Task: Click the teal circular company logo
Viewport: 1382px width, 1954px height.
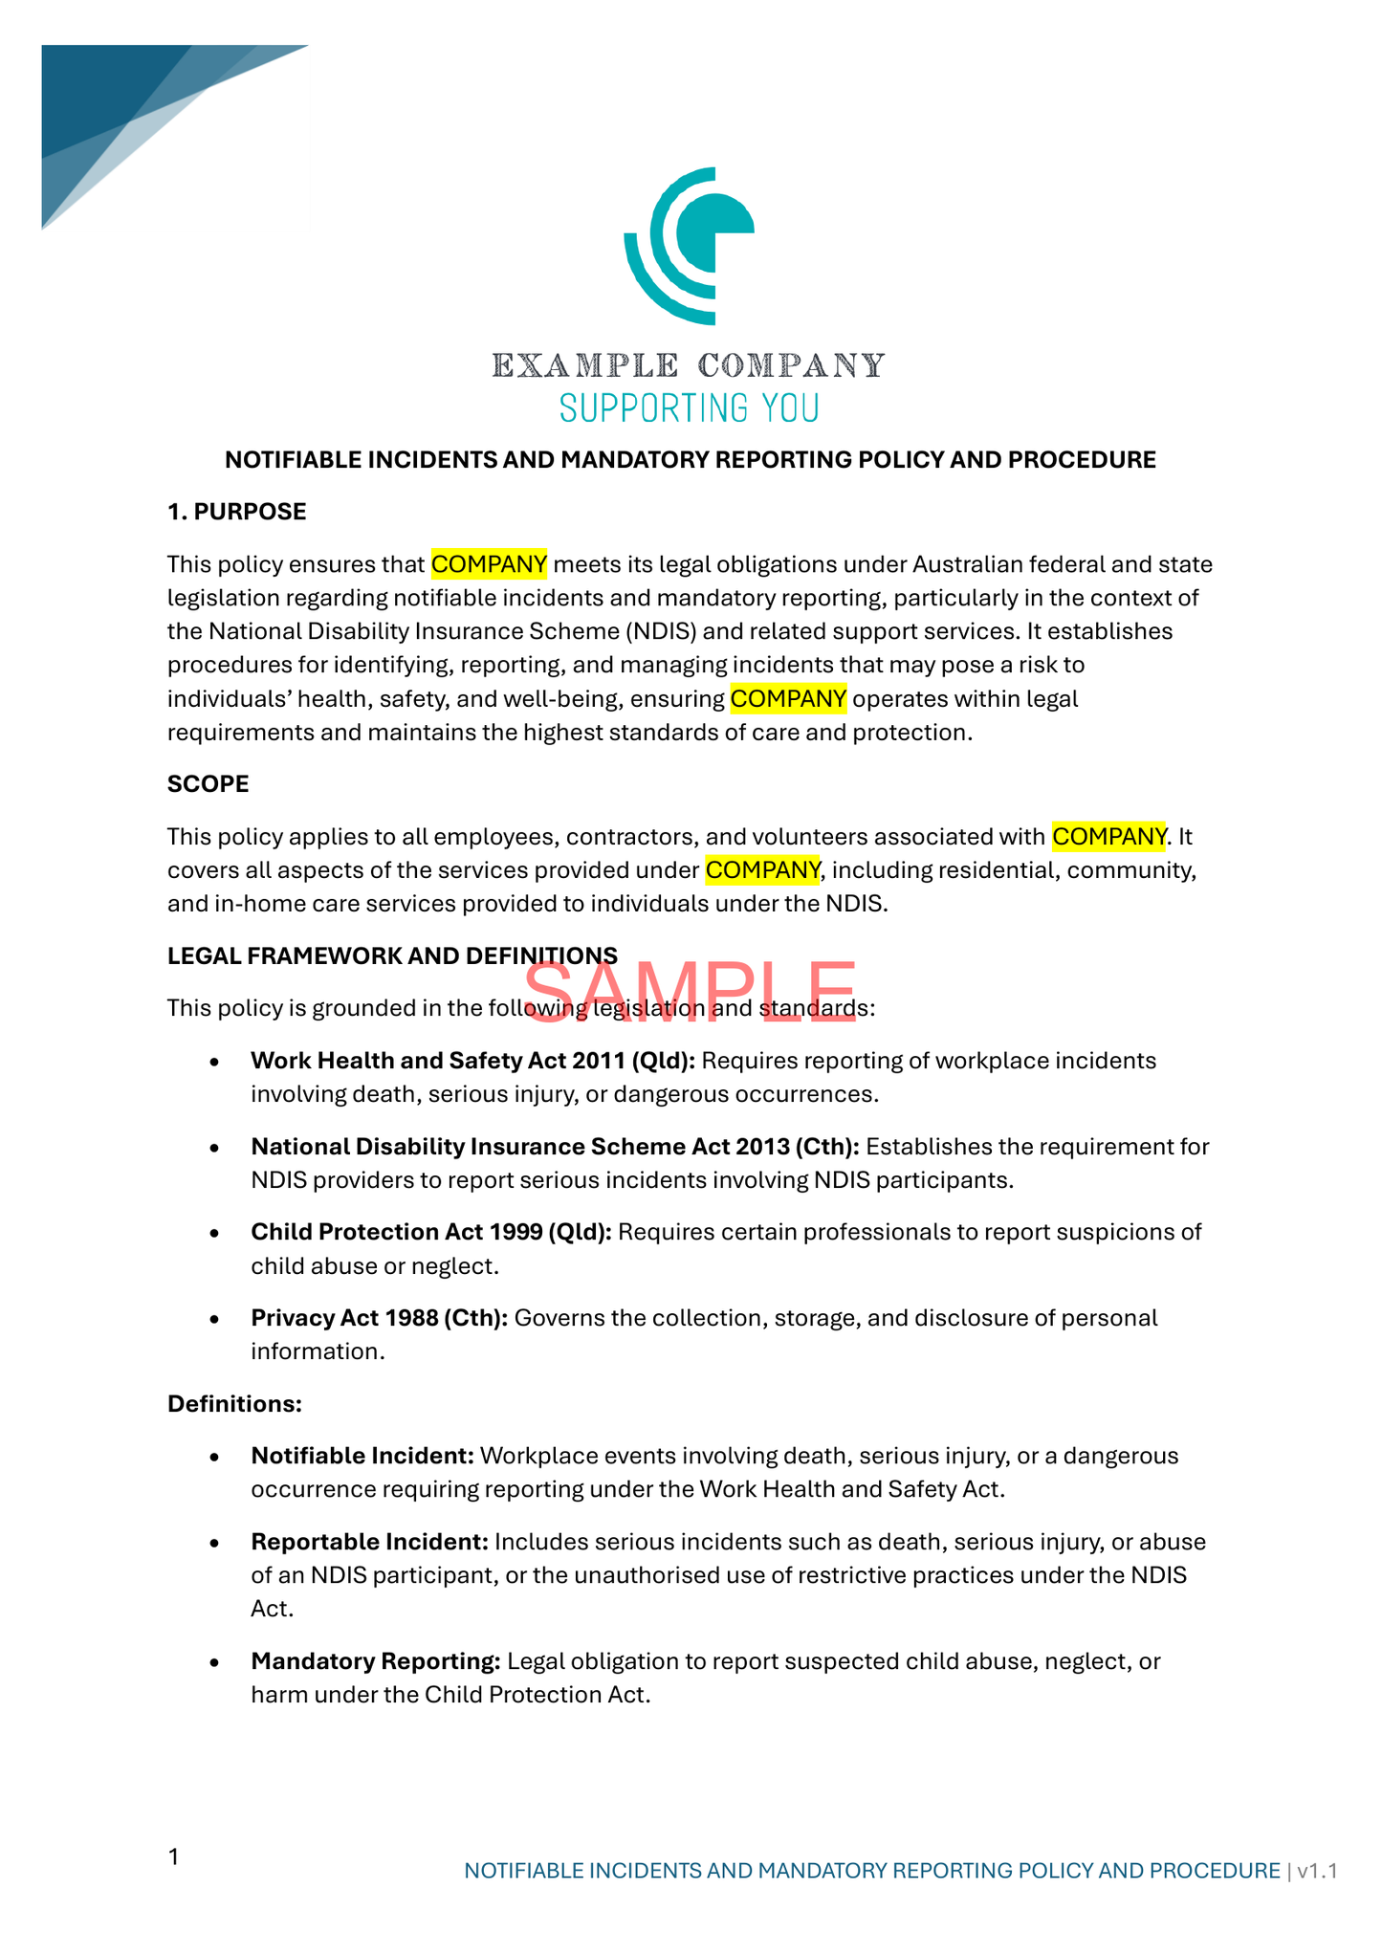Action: click(x=689, y=246)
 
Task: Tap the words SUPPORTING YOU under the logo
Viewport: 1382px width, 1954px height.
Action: click(x=689, y=408)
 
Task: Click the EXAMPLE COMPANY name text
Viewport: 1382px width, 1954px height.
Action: click(x=689, y=365)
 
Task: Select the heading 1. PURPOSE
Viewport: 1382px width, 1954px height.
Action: click(x=236, y=512)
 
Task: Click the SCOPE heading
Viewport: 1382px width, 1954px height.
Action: click(x=208, y=784)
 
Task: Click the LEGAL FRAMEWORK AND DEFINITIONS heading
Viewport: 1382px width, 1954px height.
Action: click(x=392, y=955)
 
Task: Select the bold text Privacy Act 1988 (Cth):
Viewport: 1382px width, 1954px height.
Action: click(x=379, y=1318)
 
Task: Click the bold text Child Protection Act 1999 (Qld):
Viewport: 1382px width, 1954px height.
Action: click(x=430, y=1232)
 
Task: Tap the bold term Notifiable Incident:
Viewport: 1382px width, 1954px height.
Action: click(x=362, y=1456)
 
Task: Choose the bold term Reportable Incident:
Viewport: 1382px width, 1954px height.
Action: click(x=369, y=1542)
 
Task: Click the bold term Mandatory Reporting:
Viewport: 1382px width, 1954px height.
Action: click(x=375, y=1661)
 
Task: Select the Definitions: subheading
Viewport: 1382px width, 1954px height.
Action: click(x=234, y=1403)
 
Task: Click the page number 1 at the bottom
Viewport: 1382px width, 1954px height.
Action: click(x=173, y=1857)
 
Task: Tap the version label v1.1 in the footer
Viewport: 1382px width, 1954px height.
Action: click(x=1317, y=1871)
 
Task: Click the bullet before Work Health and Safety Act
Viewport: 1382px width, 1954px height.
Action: click(x=217, y=1062)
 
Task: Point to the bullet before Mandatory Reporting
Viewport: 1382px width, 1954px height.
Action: click(x=217, y=1662)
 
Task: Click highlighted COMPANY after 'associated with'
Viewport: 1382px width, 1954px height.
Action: click(x=1108, y=837)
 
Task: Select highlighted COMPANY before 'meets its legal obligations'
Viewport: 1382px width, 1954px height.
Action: click(x=489, y=564)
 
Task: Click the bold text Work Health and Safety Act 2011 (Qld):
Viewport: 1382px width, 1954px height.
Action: click(x=472, y=1061)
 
